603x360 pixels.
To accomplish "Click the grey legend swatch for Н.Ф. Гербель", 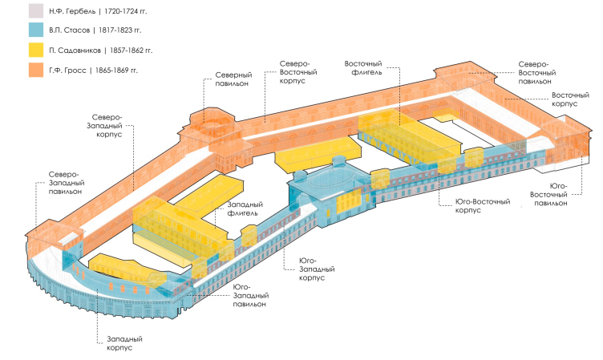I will (36, 11).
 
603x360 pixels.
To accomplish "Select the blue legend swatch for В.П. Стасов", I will (36, 30).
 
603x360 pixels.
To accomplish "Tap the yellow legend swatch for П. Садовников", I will (36, 50).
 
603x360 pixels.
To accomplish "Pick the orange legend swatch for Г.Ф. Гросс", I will (36, 70).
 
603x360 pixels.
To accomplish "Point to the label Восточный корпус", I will (573, 99).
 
